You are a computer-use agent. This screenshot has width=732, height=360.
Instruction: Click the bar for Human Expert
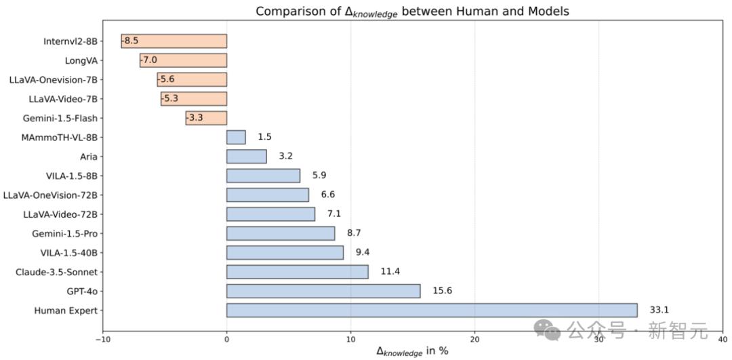[x=432, y=311]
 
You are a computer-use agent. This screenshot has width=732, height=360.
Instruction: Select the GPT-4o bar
[x=323, y=291]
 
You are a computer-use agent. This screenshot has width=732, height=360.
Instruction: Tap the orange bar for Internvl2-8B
[x=174, y=41]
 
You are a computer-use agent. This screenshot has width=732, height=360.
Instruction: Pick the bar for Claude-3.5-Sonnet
[x=297, y=272]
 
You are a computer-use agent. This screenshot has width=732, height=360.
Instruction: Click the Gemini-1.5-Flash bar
[x=206, y=118]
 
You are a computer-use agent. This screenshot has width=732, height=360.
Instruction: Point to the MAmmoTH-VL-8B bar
[x=236, y=138]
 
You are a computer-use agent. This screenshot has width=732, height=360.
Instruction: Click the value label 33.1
[x=659, y=311]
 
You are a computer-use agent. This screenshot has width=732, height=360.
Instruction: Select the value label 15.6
[x=442, y=291]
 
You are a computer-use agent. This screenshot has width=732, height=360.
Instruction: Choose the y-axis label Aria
[x=88, y=157]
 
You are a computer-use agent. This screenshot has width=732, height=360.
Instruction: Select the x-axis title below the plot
[x=412, y=351]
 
